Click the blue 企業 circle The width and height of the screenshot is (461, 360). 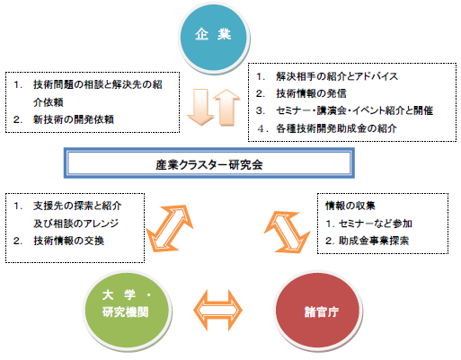[215, 38]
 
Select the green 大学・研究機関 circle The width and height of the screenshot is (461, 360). [127, 311]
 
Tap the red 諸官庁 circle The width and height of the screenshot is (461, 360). [318, 311]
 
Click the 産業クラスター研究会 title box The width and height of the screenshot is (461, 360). [209, 163]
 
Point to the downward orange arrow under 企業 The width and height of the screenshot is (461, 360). [200, 107]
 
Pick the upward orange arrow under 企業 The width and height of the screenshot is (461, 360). [226, 107]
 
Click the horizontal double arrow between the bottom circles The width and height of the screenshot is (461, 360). [217, 310]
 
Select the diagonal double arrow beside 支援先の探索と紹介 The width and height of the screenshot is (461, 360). [169, 228]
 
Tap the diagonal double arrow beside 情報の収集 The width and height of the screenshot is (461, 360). [288, 232]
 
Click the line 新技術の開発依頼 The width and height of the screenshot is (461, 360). [74, 119]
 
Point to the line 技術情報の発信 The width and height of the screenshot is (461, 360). [311, 93]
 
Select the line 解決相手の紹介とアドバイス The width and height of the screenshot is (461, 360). [337, 76]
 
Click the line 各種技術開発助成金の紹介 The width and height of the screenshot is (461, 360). [336, 128]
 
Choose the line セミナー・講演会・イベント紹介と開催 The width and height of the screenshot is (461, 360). [354, 111]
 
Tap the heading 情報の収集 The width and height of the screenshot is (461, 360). [350, 206]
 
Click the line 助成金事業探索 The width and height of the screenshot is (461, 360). [374, 241]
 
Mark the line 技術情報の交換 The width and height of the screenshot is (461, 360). [68, 241]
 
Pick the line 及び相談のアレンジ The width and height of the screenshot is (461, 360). [76, 224]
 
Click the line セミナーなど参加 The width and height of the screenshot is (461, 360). [376, 224]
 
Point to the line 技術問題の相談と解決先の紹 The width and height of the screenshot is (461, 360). [98, 84]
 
